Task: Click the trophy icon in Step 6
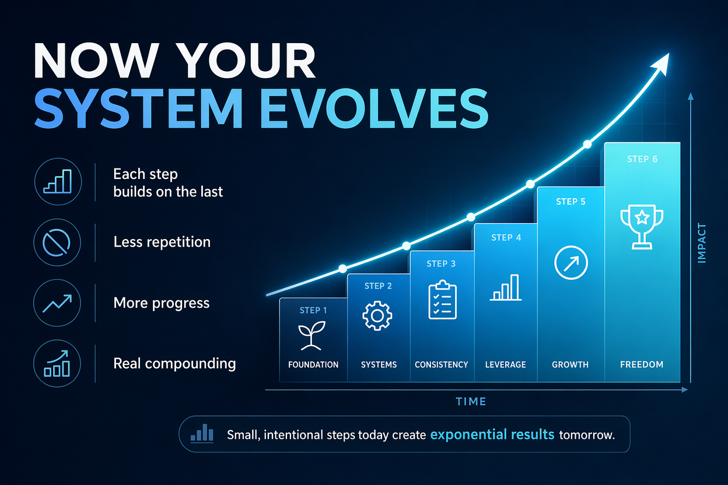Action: coord(642,227)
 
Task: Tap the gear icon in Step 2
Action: coord(377,316)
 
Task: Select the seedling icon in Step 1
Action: coord(311,336)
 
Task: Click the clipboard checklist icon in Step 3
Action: coord(442,300)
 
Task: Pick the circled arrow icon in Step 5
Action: coord(571,262)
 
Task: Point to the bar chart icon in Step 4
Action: coord(506,287)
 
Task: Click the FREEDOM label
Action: coord(642,364)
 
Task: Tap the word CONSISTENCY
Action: coord(442,365)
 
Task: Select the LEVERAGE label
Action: coord(505,365)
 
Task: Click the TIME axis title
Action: coord(471,402)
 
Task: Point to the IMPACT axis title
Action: coord(702,243)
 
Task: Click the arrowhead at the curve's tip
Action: coord(661,64)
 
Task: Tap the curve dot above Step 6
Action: coord(587,144)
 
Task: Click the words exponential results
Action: coord(492,434)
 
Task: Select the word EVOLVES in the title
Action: coord(374,108)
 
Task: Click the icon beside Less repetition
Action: coord(57,242)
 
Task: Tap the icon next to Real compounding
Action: coord(57,363)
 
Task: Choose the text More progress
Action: coord(162,303)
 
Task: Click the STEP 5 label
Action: coord(570,202)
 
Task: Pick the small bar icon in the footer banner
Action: coord(202,433)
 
